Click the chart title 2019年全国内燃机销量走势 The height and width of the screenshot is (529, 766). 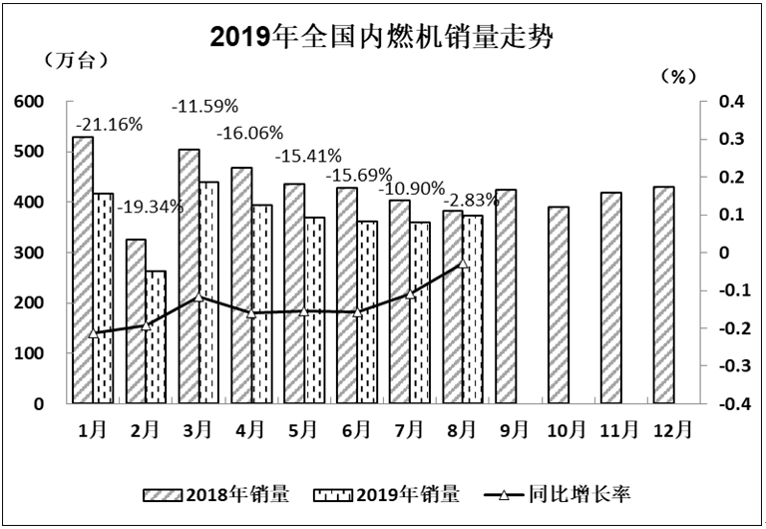[x=382, y=37]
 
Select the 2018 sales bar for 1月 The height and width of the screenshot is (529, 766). [x=83, y=269]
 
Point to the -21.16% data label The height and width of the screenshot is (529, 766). [x=109, y=124]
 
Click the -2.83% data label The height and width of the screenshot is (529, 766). [x=470, y=198]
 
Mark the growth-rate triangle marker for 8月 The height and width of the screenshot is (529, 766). [x=463, y=264]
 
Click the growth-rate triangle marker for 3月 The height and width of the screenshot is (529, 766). [x=198, y=297]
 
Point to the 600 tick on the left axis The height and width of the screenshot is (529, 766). [x=29, y=102]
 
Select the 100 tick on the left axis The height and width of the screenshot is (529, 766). [x=29, y=353]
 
